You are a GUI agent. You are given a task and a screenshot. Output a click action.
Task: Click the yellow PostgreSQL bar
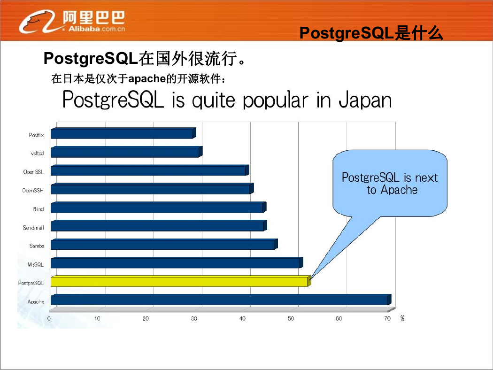coord(181,281)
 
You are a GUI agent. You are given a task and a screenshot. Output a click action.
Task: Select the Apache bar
coord(221,300)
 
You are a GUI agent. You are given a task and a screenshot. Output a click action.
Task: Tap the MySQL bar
coord(177,262)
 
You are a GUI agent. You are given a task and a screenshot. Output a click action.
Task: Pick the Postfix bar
coord(123,133)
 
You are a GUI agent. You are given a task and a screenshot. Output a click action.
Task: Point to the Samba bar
coord(164,244)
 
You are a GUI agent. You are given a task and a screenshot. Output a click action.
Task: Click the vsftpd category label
coord(37,154)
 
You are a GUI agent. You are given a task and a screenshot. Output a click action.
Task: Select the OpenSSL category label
coord(33,172)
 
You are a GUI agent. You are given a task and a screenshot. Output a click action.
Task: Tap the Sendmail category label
coord(33,228)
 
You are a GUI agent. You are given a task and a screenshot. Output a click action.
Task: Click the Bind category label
coord(39,209)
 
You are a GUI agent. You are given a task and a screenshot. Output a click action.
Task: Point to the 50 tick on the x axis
coord(291,318)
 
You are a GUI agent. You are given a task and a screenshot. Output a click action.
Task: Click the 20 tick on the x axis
coord(146,318)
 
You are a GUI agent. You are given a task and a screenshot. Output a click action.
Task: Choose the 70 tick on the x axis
coord(387,318)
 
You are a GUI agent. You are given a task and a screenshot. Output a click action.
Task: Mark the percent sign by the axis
coord(402,318)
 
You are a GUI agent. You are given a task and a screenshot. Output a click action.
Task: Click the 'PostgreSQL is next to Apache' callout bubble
coord(390,184)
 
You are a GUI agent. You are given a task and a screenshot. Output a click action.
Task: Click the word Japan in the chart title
coord(365,100)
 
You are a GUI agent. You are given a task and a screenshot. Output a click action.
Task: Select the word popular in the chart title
coord(275,100)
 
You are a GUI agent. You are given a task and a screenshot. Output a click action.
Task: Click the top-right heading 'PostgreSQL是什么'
coord(371,33)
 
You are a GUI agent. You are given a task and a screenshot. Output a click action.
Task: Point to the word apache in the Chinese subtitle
coord(147,78)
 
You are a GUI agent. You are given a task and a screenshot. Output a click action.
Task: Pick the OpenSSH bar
coord(152,189)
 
